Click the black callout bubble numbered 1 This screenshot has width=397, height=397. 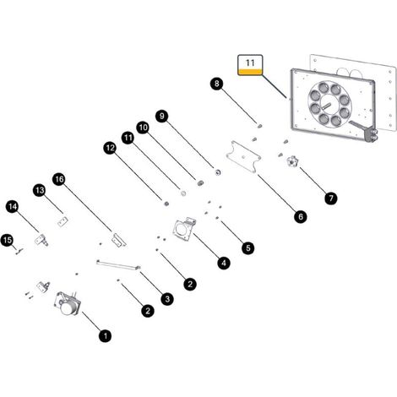(x=106, y=336)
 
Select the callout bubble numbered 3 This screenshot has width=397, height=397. (x=167, y=299)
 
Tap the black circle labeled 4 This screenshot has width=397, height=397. (x=224, y=264)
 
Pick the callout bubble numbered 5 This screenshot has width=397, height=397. (x=248, y=248)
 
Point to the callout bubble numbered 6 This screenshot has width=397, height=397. (x=301, y=216)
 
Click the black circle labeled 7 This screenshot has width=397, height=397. (x=331, y=198)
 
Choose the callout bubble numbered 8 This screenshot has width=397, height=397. (x=216, y=84)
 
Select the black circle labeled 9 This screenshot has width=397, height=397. (x=162, y=116)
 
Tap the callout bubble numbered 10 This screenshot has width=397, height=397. (x=143, y=128)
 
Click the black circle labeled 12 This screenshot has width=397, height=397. (x=110, y=148)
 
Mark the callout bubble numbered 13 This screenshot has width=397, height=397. (x=40, y=190)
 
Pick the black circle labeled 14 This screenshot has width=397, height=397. (x=13, y=207)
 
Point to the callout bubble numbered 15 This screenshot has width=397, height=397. (x=7, y=240)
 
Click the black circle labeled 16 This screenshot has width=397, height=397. (x=59, y=179)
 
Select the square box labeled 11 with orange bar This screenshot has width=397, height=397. (x=250, y=65)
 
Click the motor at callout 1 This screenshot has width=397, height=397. (x=68, y=303)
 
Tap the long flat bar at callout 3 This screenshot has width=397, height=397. (x=118, y=265)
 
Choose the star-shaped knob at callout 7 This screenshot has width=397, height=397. (x=292, y=161)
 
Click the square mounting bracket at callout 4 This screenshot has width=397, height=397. (x=184, y=230)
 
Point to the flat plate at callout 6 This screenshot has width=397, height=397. (x=244, y=156)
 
